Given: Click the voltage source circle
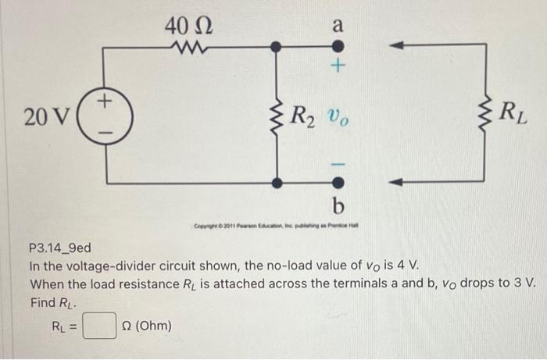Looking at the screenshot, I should (x=105, y=116).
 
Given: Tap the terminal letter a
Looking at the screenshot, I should (x=337, y=24).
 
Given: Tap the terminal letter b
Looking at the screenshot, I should (x=338, y=206).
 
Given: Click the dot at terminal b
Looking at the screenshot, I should (x=338, y=183).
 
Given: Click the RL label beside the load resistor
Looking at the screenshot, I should (x=512, y=115).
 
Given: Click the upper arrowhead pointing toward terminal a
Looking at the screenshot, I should (x=398, y=47).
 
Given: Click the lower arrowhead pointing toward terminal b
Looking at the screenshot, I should (x=398, y=183).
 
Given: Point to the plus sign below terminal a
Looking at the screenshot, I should (x=338, y=68).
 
